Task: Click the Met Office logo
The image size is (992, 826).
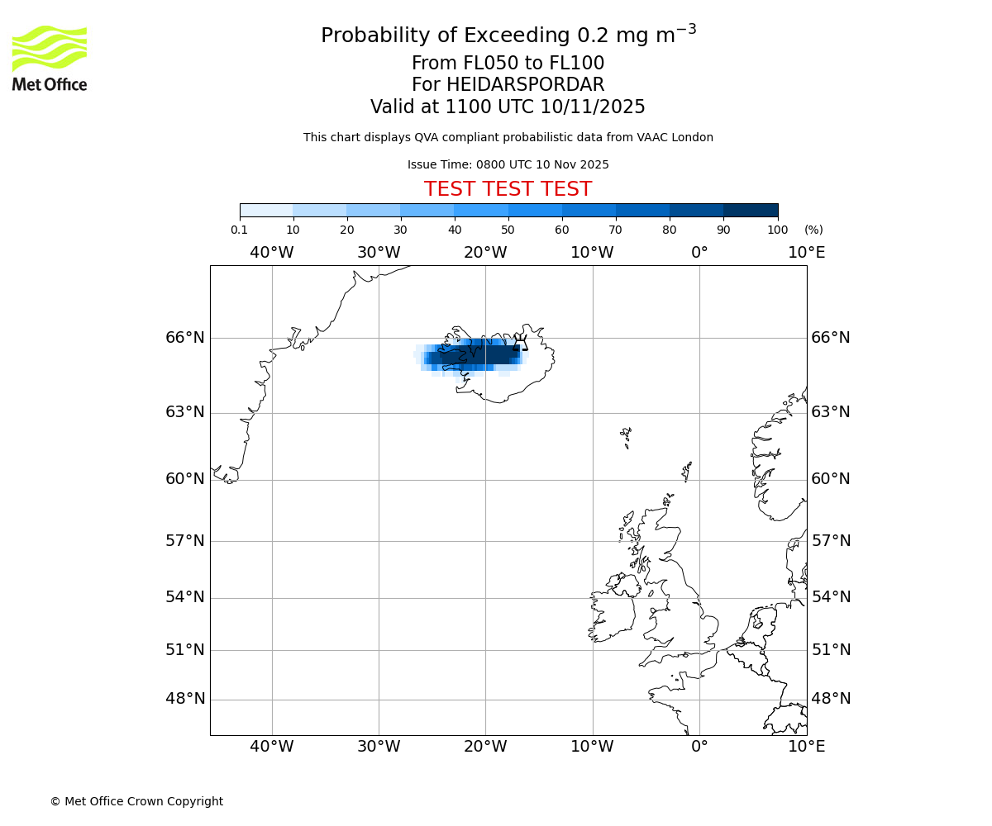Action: pyautogui.click(x=50, y=58)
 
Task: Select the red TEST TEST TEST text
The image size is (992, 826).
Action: pyautogui.click(x=508, y=189)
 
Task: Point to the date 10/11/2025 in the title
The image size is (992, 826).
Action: pyautogui.click(x=593, y=107)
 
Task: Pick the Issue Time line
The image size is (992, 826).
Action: pyautogui.click(x=508, y=165)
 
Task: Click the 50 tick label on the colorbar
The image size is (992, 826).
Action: pyautogui.click(x=508, y=230)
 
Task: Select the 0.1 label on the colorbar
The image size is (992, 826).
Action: pyautogui.click(x=240, y=230)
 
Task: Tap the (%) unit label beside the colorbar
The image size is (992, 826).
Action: pyautogui.click(x=813, y=230)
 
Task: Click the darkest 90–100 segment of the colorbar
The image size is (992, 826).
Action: pyautogui.click(x=751, y=210)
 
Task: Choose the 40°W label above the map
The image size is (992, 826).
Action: pyautogui.click(x=272, y=253)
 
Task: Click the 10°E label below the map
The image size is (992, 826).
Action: pyautogui.click(x=806, y=748)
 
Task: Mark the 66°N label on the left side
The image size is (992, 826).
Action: pyautogui.click(x=185, y=338)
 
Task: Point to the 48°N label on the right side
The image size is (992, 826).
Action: pyautogui.click(x=831, y=699)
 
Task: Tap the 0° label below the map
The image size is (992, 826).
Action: pyautogui.click(x=699, y=748)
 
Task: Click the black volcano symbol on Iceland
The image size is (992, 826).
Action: pyautogui.click(x=521, y=343)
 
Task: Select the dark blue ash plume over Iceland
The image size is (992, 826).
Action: pyautogui.click(x=475, y=355)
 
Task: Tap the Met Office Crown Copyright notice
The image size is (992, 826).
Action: pyautogui.click(x=136, y=802)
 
